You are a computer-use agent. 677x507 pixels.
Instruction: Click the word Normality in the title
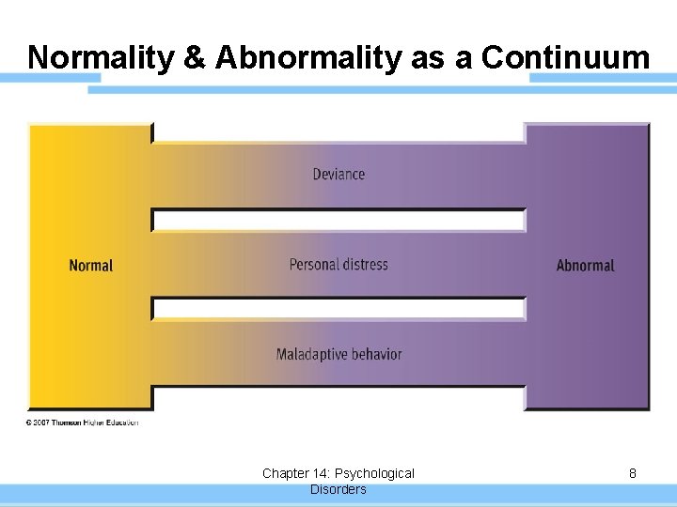tap(99, 57)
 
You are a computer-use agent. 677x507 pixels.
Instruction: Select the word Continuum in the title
tap(565, 57)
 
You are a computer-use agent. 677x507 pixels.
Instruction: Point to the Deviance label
tap(338, 174)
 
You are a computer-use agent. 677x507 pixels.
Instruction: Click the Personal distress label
tap(338, 265)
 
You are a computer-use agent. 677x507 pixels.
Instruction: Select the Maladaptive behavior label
tap(338, 354)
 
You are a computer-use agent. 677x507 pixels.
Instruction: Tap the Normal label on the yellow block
tap(91, 266)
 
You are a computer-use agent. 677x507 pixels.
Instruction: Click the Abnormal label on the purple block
tap(585, 266)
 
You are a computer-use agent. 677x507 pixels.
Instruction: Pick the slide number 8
tap(633, 474)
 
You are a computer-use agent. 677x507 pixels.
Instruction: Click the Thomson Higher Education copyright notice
tap(83, 422)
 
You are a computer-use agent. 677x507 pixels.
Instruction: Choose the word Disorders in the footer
tap(338, 489)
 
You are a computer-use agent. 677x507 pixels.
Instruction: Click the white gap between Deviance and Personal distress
tap(338, 221)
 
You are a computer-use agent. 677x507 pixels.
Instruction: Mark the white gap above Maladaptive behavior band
tap(338, 309)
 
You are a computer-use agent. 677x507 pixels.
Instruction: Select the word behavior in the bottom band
tap(376, 354)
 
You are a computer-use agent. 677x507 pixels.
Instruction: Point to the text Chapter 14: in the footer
tap(294, 473)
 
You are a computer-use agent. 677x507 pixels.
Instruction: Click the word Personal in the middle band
tap(313, 265)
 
